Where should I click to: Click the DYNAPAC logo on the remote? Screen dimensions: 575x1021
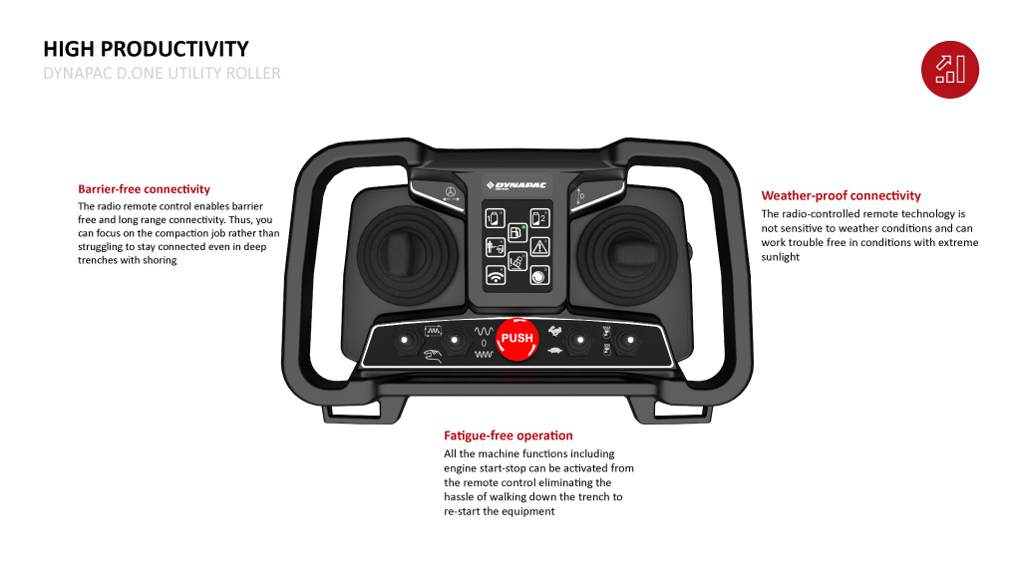click(515, 185)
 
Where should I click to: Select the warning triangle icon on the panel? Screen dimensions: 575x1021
click(539, 246)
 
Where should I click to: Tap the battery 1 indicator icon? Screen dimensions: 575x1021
click(494, 217)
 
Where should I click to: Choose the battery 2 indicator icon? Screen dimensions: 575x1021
click(539, 217)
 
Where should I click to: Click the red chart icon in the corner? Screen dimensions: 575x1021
click(949, 69)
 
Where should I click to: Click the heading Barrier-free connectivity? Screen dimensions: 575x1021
click(144, 188)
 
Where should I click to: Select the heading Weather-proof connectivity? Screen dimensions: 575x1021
click(841, 195)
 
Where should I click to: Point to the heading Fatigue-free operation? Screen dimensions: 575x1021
click(508, 435)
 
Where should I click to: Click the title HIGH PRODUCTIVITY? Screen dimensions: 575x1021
click(146, 49)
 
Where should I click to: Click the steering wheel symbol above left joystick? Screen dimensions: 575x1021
click(450, 191)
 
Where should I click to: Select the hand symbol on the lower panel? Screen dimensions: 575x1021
click(432, 356)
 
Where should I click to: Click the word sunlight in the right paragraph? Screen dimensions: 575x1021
click(780, 257)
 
